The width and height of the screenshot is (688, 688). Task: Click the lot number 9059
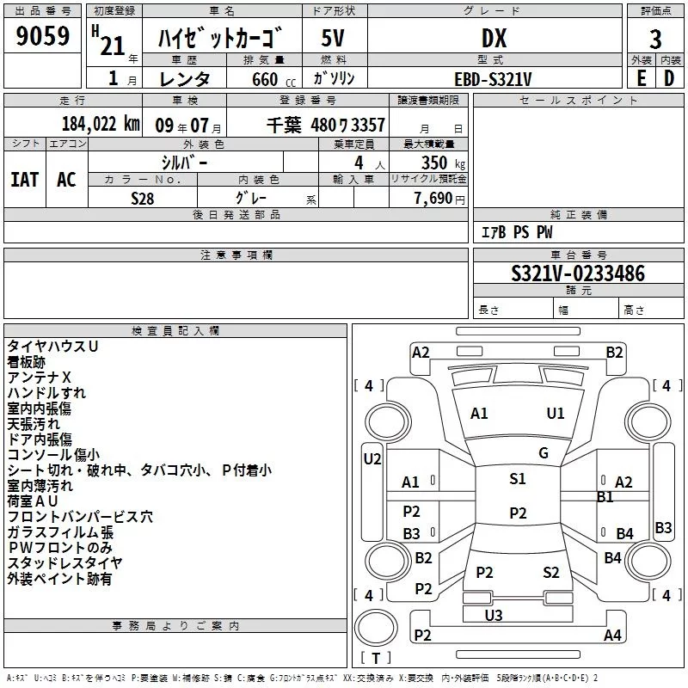pos(43,37)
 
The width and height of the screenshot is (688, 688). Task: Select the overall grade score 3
pos(655,40)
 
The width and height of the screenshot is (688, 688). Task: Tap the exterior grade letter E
pos(641,78)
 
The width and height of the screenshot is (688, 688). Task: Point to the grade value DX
pos(494,38)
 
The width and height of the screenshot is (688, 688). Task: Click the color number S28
pos(143,199)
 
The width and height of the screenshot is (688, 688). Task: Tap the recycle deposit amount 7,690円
pos(439,199)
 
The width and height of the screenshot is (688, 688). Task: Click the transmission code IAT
pos(24,180)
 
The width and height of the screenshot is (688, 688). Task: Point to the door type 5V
pos(334,38)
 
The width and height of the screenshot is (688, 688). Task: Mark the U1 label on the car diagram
pos(556,414)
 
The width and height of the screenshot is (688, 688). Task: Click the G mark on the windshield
pos(544,453)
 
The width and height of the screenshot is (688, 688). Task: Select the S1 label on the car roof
pos(517,479)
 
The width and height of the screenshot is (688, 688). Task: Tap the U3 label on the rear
pos(493,615)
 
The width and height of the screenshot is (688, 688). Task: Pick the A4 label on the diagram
pos(612,636)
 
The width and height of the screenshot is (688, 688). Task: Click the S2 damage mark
pos(551,573)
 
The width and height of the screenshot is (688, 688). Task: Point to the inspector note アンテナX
pos(40,378)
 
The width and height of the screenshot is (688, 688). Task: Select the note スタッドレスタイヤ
pos(65,563)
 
